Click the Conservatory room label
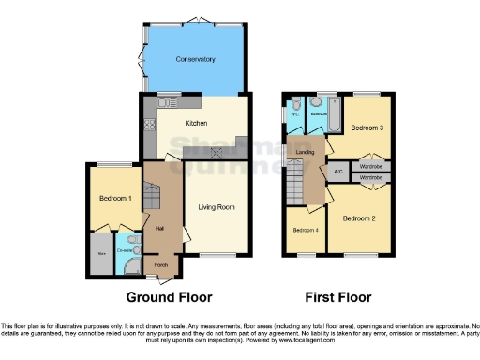195,59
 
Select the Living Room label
217,206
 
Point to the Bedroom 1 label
114,199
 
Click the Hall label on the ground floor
159,228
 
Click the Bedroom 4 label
305,231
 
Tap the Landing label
305,151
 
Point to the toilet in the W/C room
294,108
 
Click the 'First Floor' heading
337,297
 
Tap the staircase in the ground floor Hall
156,195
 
